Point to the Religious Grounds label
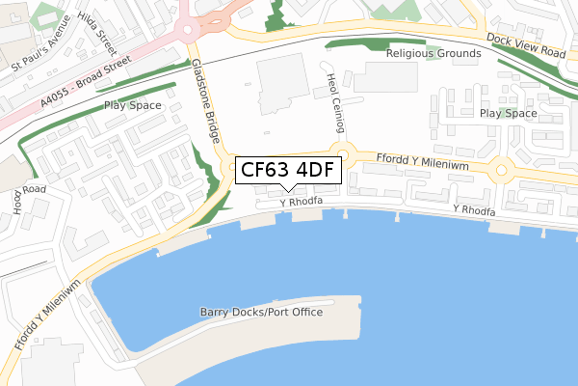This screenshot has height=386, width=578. (433, 54)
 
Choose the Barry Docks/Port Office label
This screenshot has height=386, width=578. (261, 312)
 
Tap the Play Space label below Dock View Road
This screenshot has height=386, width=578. (508, 113)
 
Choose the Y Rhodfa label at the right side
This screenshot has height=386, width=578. (474, 209)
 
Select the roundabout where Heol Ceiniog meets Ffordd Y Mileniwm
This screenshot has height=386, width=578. (343, 154)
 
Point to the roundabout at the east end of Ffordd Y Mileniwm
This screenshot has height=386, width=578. (502, 172)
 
